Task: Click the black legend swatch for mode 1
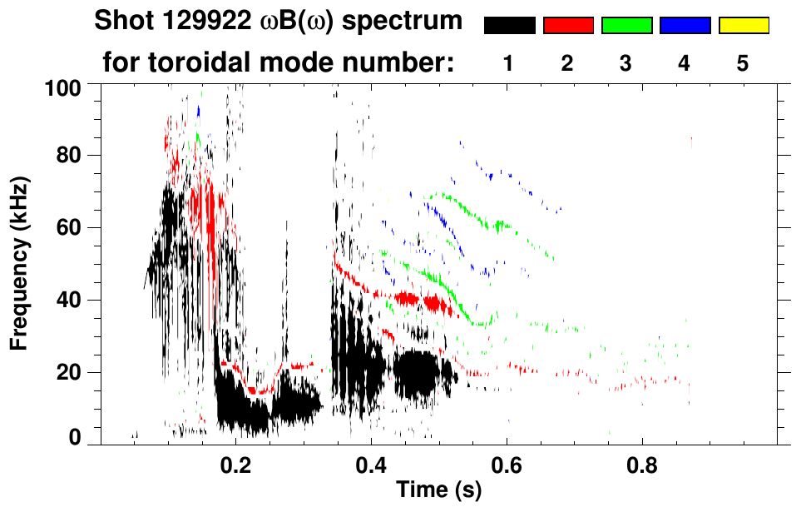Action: [x=509, y=26]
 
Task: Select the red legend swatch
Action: [x=568, y=26]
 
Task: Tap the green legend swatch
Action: [x=626, y=26]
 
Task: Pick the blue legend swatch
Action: [x=685, y=26]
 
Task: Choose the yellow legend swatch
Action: [x=744, y=26]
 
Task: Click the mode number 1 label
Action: [x=508, y=62]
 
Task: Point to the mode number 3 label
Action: [x=626, y=62]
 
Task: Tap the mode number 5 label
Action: [x=744, y=62]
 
